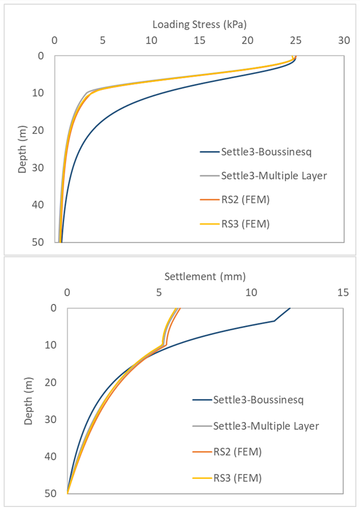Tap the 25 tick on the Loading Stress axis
coord(296,42)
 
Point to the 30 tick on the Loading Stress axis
coord(344,42)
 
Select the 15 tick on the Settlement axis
coord(343,293)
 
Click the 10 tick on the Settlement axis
coord(251,293)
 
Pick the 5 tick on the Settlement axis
coord(159,293)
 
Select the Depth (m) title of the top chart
coord(22,149)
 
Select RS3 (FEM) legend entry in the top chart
coord(237,224)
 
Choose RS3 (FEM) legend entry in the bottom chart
coord(237,478)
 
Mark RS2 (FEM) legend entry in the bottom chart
coord(237,452)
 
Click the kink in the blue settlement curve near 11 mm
coord(274,320)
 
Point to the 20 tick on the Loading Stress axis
coord(248,42)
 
